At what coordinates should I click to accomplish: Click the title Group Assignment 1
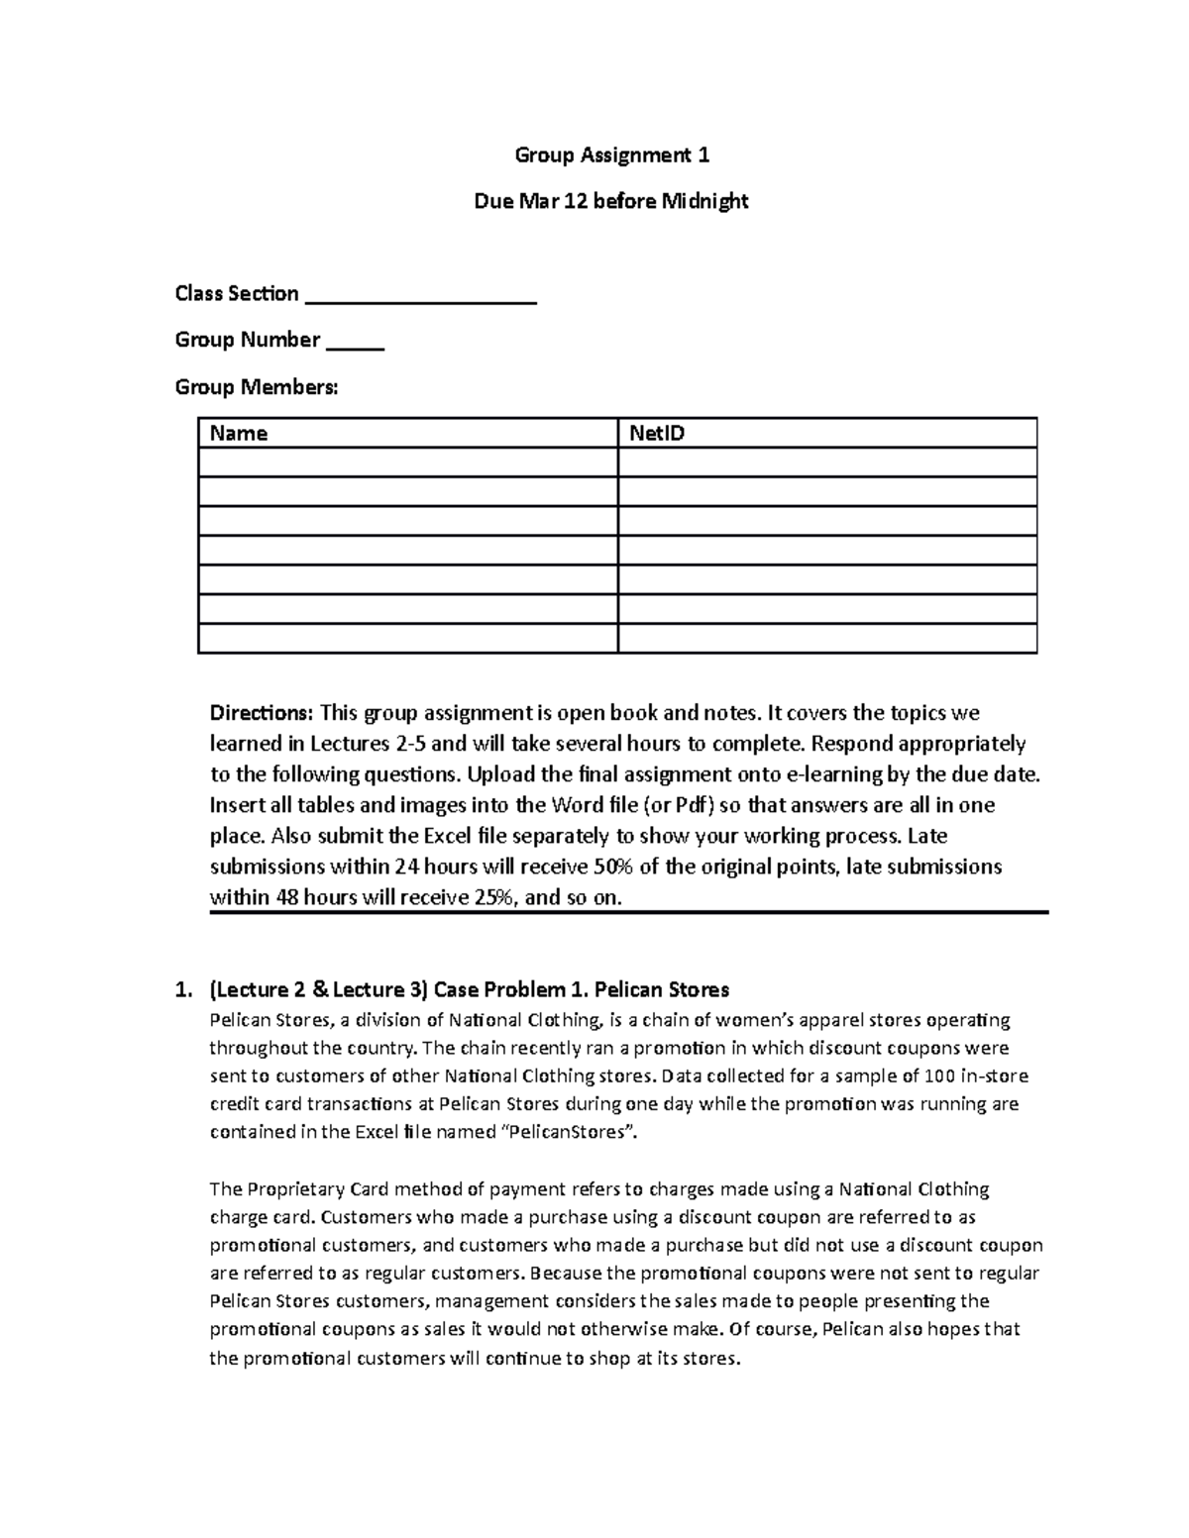click(611, 155)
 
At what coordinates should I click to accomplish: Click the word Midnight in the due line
click(704, 202)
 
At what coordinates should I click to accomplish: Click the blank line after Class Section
click(421, 295)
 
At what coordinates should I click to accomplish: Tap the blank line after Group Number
click(355, 342)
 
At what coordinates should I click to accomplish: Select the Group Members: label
click(257, 387)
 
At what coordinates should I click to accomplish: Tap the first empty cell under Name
click(407, 462)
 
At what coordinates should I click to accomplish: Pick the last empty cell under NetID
click(826, 639)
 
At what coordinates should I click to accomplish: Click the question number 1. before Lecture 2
click(181, 989)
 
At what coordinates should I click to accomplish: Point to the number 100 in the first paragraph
click(937, 1076)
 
